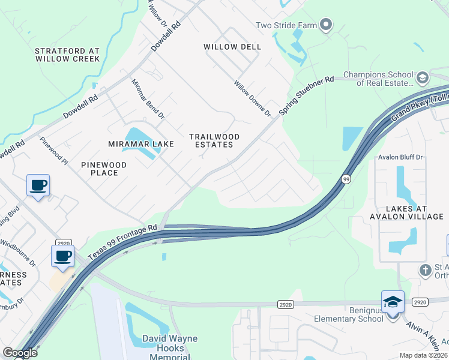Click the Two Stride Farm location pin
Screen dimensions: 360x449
click(326, 25)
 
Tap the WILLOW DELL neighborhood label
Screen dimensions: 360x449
click(232, 47)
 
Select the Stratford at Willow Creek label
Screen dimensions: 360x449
click(67, 55)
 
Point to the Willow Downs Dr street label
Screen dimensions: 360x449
click(253, 98)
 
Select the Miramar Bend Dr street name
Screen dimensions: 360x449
click(147, 98)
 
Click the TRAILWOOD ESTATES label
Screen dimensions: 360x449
click(214, 141)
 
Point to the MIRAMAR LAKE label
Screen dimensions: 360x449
click(141, 144)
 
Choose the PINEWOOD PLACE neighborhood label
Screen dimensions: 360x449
click(104, 169)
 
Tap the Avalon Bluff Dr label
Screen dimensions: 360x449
click(401, 157)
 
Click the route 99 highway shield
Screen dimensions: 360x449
click(346, 179)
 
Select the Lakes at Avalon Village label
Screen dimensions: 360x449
click(406, 212)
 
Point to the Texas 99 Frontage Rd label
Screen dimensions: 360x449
click(122, 242)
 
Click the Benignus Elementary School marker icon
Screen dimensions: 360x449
click(393, 301)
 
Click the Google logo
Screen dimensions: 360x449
click(19, 353)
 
